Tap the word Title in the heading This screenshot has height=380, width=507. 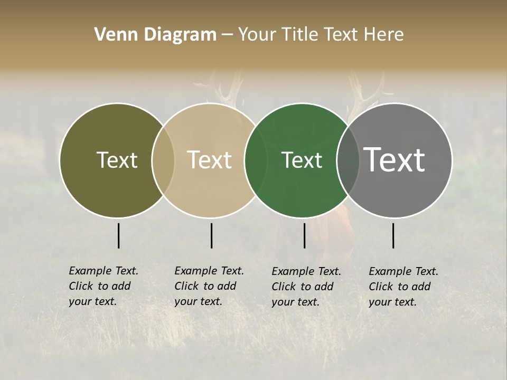(299, 35)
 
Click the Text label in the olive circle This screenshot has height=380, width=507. (117, 160)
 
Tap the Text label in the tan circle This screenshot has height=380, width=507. (210, 160)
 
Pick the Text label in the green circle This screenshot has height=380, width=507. (302, 160)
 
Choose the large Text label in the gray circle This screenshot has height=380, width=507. (395, 160)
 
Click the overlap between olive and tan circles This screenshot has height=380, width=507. (163, 160)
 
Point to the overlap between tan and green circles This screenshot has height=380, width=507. (256, 160)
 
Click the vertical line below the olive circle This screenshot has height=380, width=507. (118, 235)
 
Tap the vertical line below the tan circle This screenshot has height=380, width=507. (211, 235)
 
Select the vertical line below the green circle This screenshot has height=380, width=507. (304, 235)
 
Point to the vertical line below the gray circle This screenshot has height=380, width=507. (393, 235)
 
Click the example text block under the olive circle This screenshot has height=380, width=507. (103, 286)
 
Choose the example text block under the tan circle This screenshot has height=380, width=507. (209, 286)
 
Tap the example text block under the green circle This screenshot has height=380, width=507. (306, 287)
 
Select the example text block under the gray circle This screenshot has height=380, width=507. (403, 287)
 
